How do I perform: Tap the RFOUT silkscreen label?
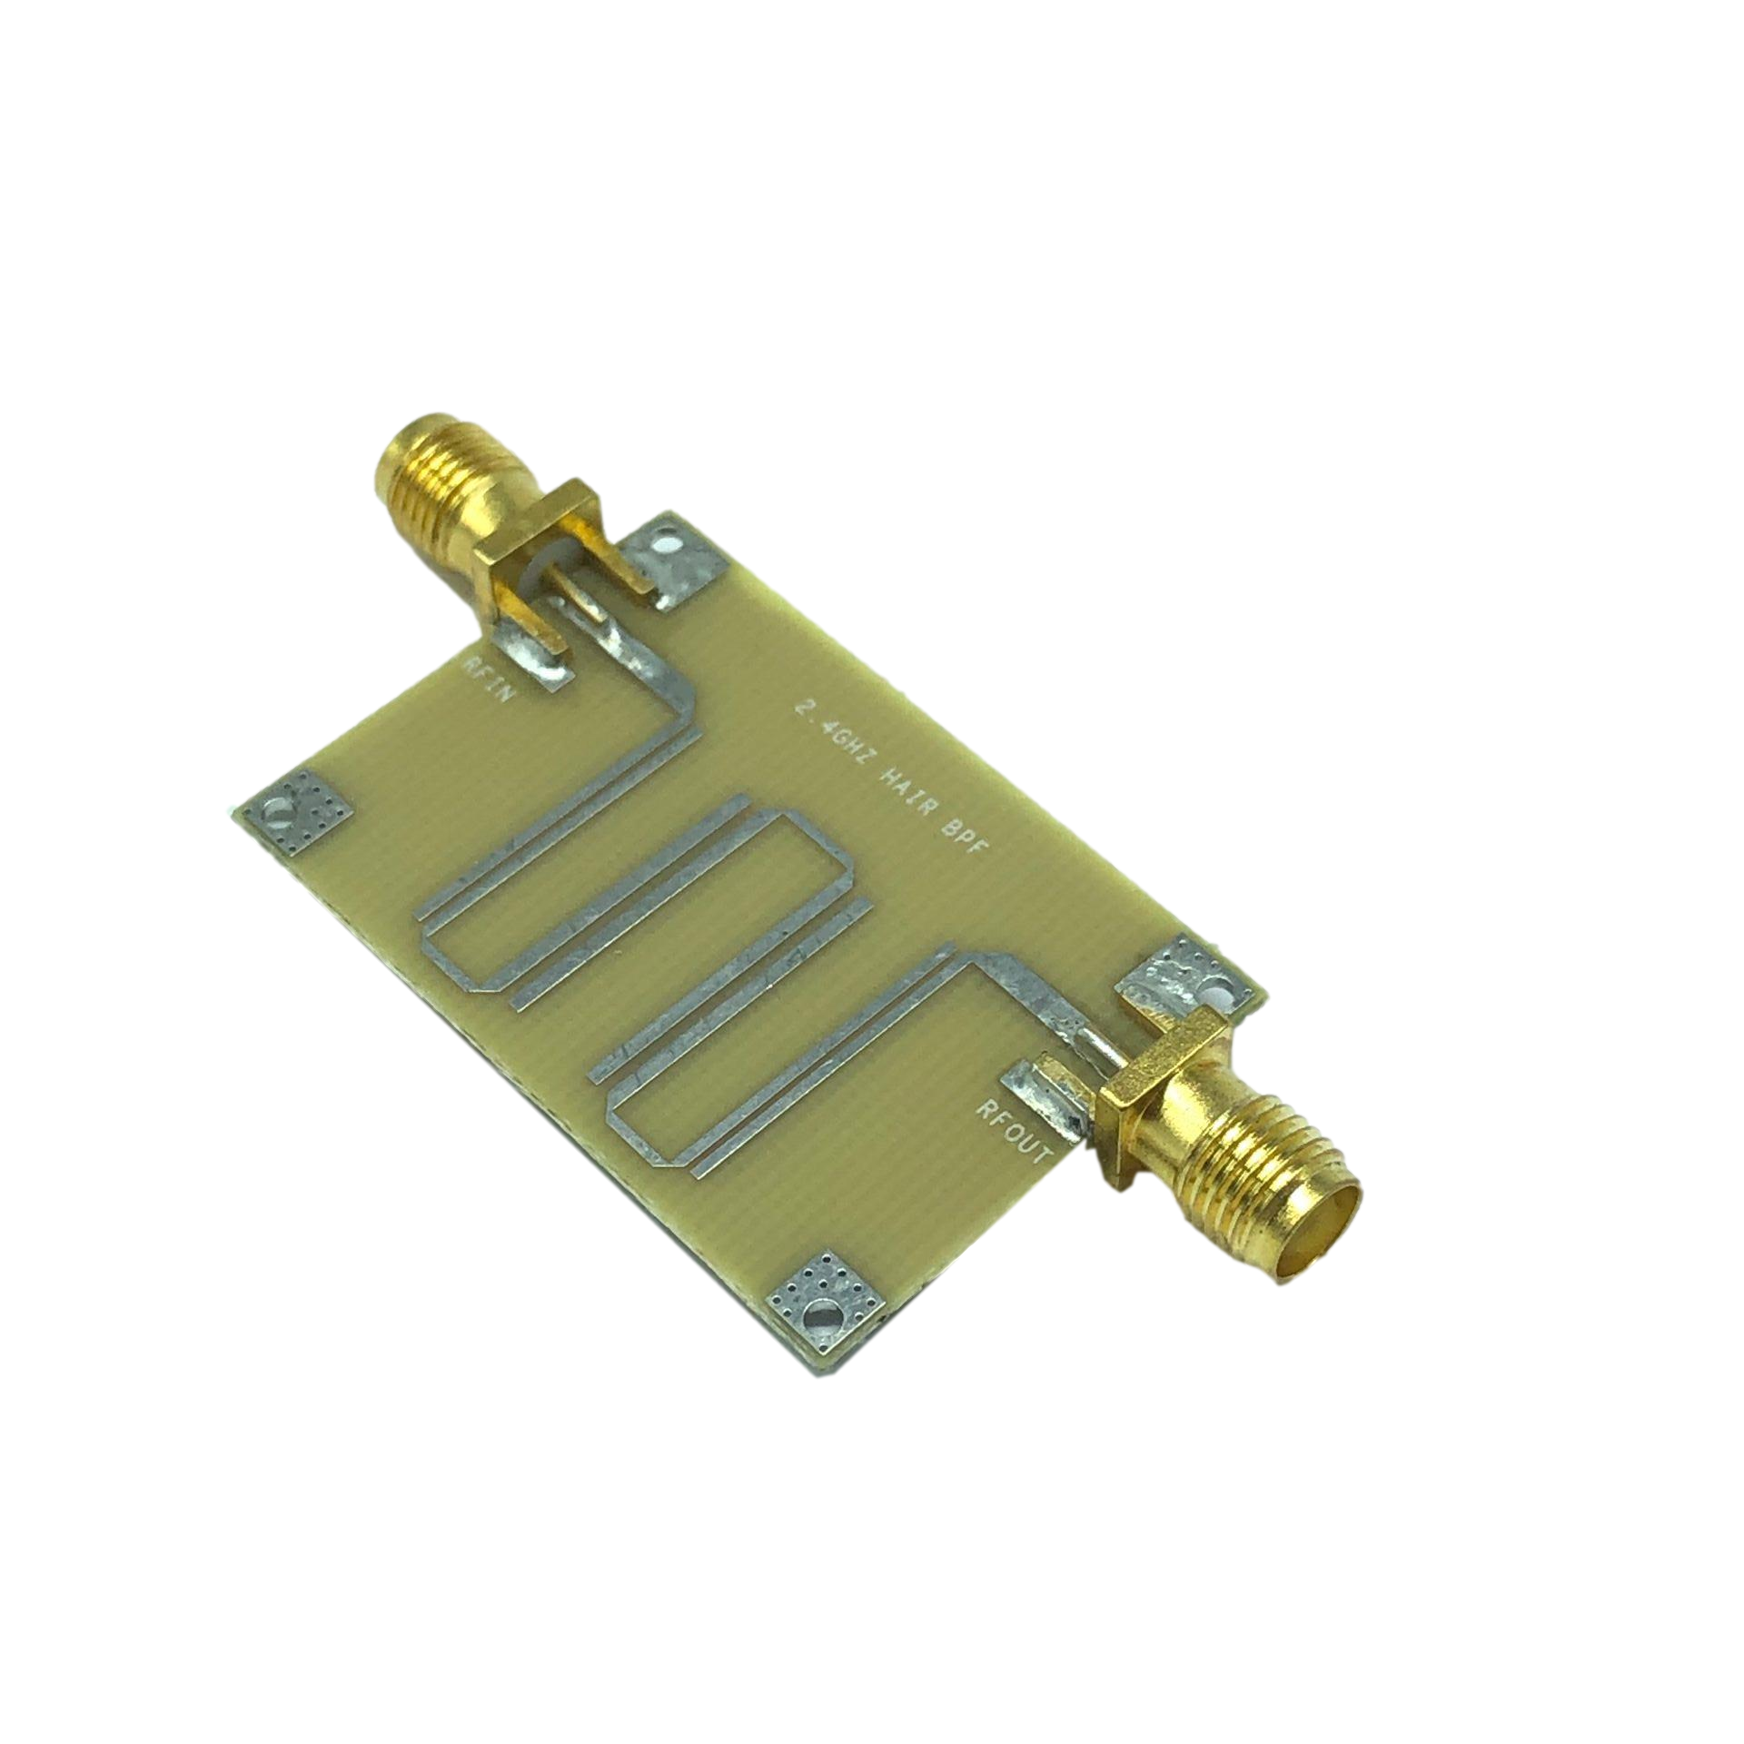(1015, 1134)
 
